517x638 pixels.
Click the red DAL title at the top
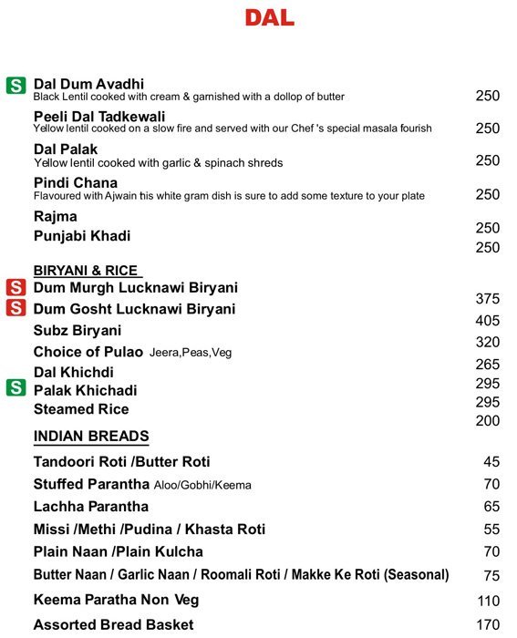269,18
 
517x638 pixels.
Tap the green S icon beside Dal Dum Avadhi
16,86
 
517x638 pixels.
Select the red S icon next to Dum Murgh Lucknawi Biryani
16,288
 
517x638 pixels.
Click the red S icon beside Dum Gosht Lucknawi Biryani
16,308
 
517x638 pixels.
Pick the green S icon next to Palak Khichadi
16,388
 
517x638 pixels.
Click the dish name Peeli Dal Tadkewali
99,117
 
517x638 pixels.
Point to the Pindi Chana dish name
76,183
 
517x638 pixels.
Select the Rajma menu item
56,217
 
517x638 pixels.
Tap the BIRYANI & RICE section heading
88,270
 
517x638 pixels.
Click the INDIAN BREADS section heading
91,437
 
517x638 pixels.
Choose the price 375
488,299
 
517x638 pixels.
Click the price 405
488,321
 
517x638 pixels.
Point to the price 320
488,343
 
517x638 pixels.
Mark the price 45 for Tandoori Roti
492,462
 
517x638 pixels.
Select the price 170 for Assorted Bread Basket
489,625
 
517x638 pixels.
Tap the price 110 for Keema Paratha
489,602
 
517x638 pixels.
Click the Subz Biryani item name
78,331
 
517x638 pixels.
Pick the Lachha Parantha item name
91,507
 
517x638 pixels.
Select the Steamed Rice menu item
81,409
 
